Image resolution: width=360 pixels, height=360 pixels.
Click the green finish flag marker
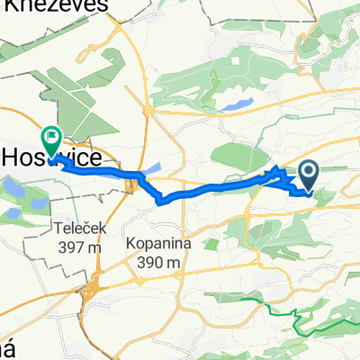50,139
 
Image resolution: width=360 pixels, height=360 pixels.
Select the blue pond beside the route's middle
150,166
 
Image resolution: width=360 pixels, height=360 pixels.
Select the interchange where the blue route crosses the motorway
133,184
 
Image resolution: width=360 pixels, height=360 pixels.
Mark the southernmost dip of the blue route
161,202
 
